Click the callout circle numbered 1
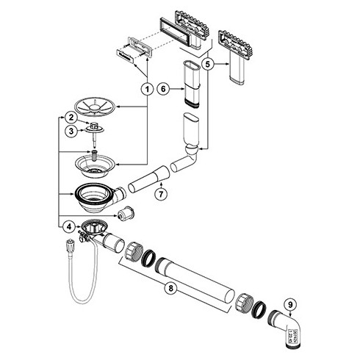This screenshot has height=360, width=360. click(x=148, y=88)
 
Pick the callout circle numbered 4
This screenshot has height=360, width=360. click(x=68, y=226)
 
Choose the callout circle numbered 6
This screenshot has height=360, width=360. click(x=165, y=88)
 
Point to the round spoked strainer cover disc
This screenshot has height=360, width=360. click(x=100, y=107)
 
